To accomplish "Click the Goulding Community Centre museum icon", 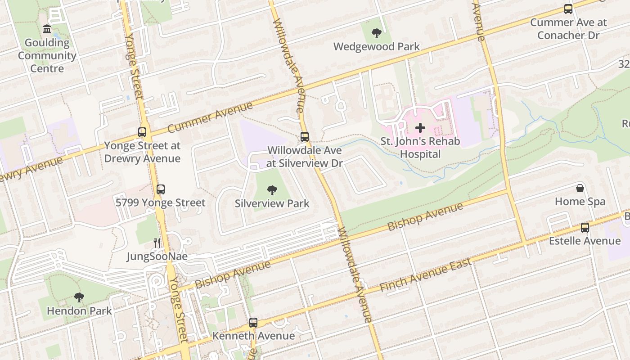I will (46, 29).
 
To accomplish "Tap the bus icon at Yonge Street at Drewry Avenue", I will (142, 132).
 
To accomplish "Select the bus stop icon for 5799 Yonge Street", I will (161, 189).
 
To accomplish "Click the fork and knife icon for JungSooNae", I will (157, 243).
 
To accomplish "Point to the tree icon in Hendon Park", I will (79, 297).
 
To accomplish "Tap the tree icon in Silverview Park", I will (272, 190).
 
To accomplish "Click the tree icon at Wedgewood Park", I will (376, 33).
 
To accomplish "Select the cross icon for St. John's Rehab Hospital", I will (420, 128).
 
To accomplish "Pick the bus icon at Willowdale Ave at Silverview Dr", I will (305, 136).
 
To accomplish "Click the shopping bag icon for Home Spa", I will (580, 188).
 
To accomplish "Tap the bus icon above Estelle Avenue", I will (585, 227).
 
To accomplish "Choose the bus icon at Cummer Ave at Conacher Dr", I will (568, 9).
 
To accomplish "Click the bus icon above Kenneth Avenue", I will (253, 322).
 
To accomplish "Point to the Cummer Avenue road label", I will (210, 118).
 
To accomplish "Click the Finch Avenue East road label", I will (425, 274).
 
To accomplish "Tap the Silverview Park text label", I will (272, 203).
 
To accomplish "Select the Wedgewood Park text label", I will (376, 46).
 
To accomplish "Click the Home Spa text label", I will (580, 201).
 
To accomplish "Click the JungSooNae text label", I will (157, 256).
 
